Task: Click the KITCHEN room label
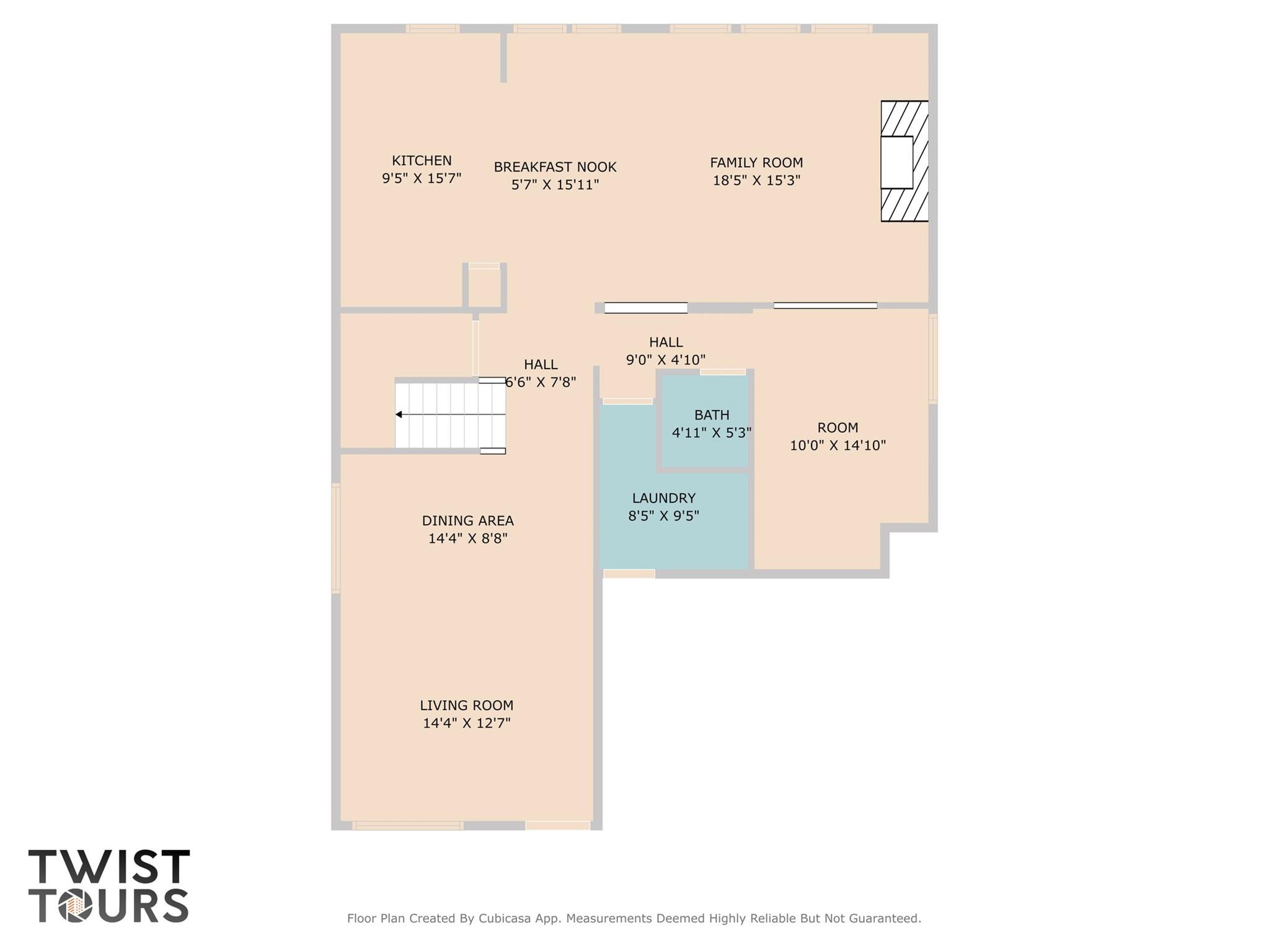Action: click(422, 160)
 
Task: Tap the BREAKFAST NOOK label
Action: click(555, 167)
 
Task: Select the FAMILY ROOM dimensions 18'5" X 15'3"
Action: click(756, 180)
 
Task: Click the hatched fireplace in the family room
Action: click(904, 161)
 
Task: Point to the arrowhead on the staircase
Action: click(399, 414)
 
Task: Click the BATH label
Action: click(711, 415)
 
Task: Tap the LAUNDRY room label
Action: click(663, 498)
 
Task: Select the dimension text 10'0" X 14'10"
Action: click(838, 445)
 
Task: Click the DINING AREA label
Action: click(467, 521)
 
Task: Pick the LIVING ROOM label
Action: click(466, 706)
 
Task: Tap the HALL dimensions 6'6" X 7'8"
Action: click(541, 382)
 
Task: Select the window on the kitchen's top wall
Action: click(433, 28)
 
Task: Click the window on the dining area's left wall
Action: click(336, 538)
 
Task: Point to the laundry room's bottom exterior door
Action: click(629, 574)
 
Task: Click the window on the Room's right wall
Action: click(932, 359)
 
